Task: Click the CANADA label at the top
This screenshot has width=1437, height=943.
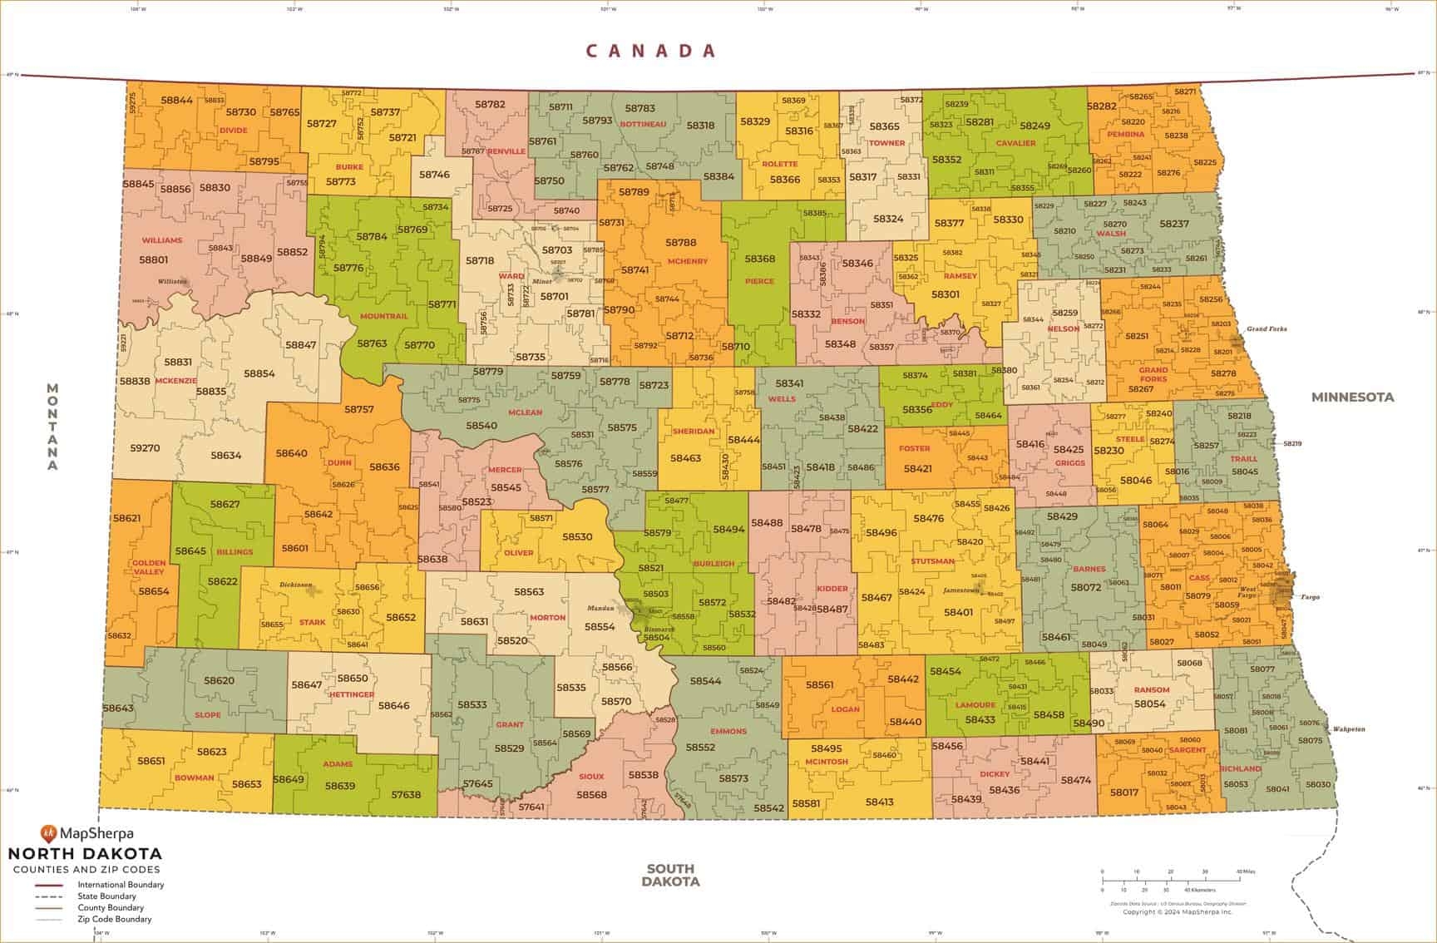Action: tap(651, 51)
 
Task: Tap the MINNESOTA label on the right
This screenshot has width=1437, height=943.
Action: tap(1352, 397)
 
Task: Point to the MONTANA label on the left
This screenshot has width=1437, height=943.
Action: tap(52, 427)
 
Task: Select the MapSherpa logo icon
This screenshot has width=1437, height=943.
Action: tap(48, 832)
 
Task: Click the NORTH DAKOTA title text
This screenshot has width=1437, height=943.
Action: tap(85, 854)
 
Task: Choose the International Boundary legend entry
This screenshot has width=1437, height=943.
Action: tap(121, 885)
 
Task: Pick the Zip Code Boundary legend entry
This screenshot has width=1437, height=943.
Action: tap(115, 920)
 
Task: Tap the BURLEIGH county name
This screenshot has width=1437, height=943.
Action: tap(714, 563)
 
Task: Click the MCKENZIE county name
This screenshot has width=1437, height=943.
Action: tap(175, 380)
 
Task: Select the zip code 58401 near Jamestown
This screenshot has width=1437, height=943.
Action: tap(958, 612)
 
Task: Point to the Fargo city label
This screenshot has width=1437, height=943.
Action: tap(1310, 597)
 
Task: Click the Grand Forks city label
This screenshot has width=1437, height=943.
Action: tap(1266, 329)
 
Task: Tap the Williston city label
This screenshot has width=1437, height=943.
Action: tap(173, 282)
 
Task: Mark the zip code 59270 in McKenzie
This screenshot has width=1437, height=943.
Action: tap(145, 447)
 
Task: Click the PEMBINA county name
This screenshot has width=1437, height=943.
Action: tap(1125, 134)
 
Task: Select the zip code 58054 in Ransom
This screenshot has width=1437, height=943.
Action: tap(1150, 704)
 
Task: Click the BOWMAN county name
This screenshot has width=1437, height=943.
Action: tap(194, 778)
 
